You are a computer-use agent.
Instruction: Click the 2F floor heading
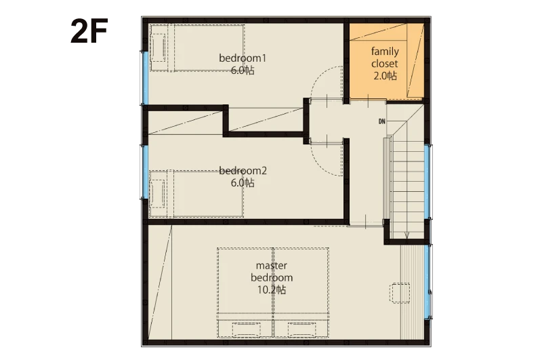click(89, 31)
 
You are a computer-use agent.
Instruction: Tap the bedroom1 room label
click(243, 58)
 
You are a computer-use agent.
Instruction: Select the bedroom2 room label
click(243, 170)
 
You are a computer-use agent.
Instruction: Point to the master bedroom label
click(272, 271)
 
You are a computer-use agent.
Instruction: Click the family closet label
click(385, 58)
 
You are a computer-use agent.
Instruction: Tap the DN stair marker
click(381, 121)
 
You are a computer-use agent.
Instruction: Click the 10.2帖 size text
click(272, 289)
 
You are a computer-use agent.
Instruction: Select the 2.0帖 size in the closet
click(385, 76)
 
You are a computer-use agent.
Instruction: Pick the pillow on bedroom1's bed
click(159, 47)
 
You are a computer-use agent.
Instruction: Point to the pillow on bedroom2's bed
click(158, 194)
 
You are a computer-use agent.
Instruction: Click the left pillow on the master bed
click(246, 329)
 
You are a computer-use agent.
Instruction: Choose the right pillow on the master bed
click(301, 329)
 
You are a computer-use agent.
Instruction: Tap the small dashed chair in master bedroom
click(400, 293)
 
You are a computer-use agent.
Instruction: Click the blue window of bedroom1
click(145, 78)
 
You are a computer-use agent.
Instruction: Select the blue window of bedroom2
click(145, 172)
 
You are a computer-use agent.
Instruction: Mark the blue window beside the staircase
click(428, 182)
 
